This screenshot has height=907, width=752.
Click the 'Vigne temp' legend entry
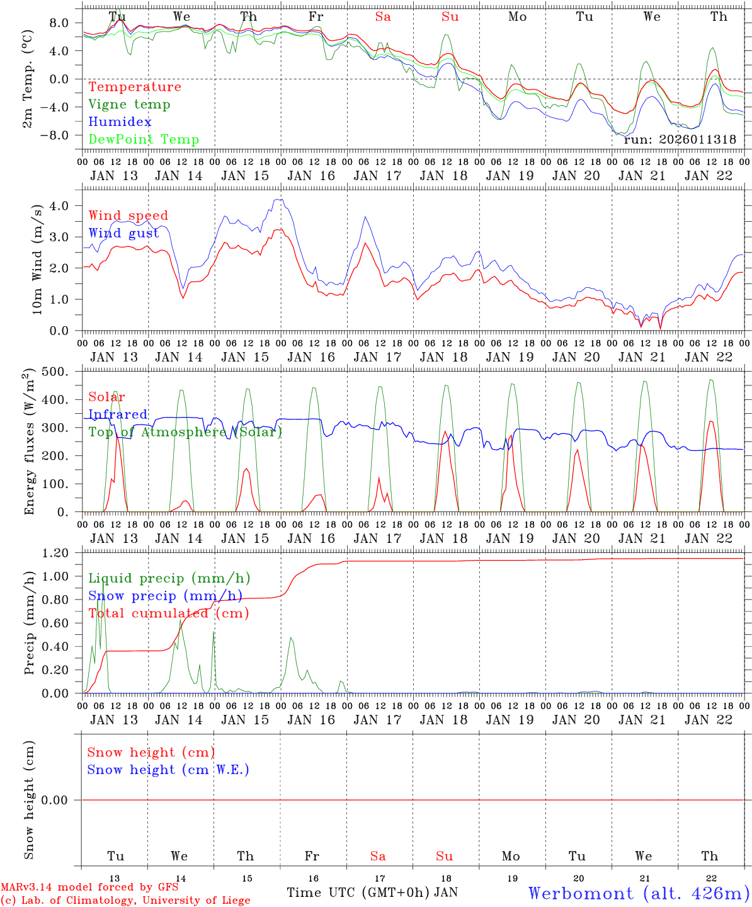[129, 105]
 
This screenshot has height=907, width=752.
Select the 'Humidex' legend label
[120, 122]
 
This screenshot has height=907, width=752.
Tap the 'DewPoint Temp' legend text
[144, 140]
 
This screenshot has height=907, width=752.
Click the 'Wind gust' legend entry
[123, 233]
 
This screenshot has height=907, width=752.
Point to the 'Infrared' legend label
[118, 414]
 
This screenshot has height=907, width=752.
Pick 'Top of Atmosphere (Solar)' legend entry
[185, 432]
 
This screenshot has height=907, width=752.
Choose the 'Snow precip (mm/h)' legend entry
[166, 596]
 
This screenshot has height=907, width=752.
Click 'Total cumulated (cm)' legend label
[168, 613]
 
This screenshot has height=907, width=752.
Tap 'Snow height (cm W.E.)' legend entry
[168, 770]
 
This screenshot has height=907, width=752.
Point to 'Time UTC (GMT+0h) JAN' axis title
[372, 893]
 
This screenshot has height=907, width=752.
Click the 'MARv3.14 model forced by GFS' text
[90, 887]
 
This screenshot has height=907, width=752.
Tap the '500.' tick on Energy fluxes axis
[55, 372]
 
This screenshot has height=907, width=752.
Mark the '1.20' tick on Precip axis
[55, 553]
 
